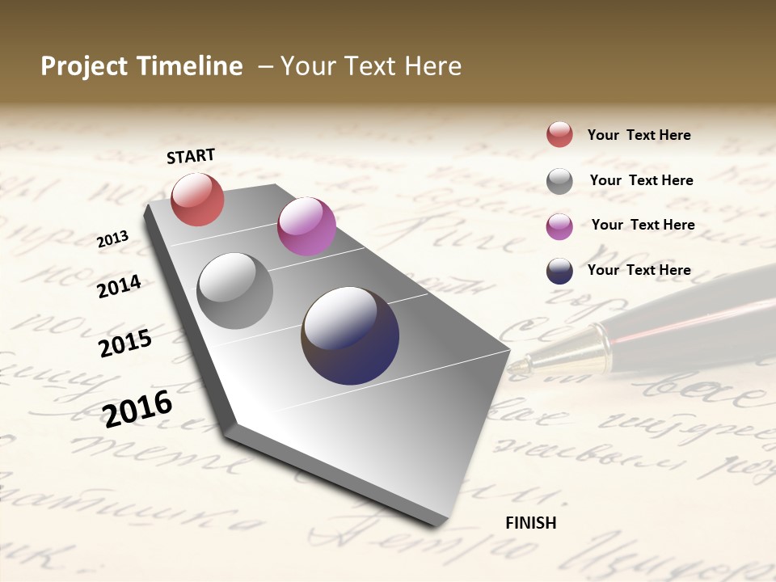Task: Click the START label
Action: point(191,156)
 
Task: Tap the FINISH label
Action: point(530,523)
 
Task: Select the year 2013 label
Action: point(113,239)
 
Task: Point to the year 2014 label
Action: point(120,286)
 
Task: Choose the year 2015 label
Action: point(125,344)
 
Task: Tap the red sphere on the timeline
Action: point(197,199)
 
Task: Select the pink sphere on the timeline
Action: point(306,226)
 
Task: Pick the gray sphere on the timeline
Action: point(234,291)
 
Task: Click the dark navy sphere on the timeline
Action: point(350,335)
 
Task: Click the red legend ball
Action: point(559,134)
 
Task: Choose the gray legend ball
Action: point(559,181)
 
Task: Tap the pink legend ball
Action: point(559,226)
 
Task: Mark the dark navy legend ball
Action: point(559,271)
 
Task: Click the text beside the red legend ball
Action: point(639,136)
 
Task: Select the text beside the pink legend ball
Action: point(643,225)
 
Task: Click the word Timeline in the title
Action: point(191,66)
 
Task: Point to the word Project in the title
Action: point(83,66)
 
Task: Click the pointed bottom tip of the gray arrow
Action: point(437,524)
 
